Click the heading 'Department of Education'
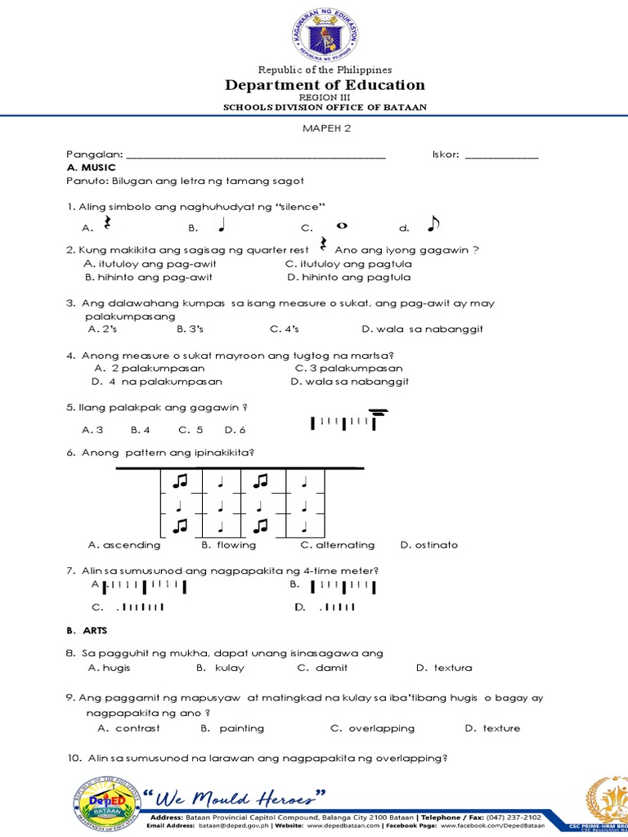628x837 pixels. click(325, 85)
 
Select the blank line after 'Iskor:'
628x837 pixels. click(501, 155)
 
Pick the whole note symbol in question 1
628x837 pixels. click(342, 226)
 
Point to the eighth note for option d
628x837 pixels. click(433, 224)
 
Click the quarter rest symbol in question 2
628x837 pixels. click(323, 245)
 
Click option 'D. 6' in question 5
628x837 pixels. click(235, 429)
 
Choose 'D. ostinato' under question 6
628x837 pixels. click(428, 544)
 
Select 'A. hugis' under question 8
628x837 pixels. click(109, 667)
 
